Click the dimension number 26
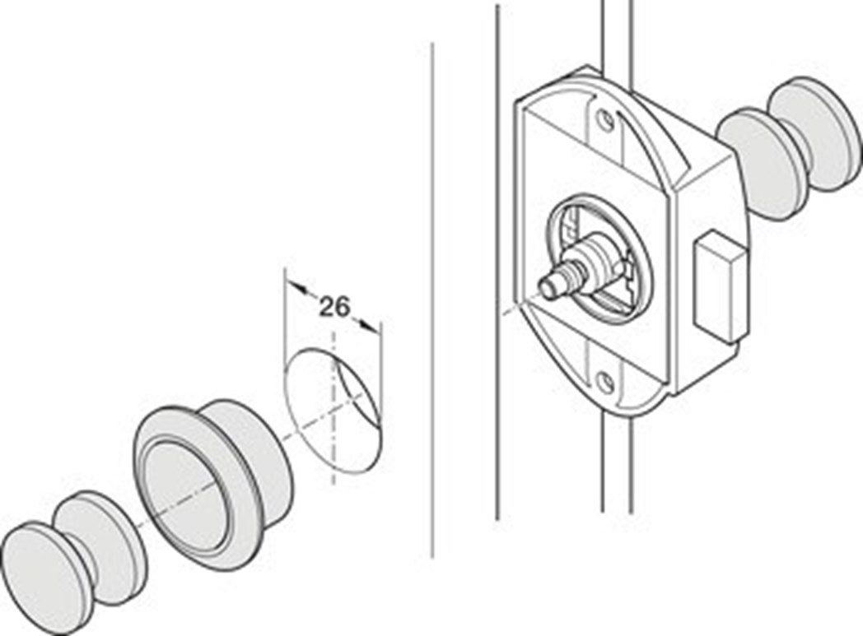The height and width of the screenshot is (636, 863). (334, 307)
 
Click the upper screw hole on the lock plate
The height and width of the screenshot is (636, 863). (605, 120)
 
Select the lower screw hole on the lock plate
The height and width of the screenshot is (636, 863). (605, 380)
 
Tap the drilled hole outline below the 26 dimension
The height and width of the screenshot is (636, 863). (333, 410)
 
